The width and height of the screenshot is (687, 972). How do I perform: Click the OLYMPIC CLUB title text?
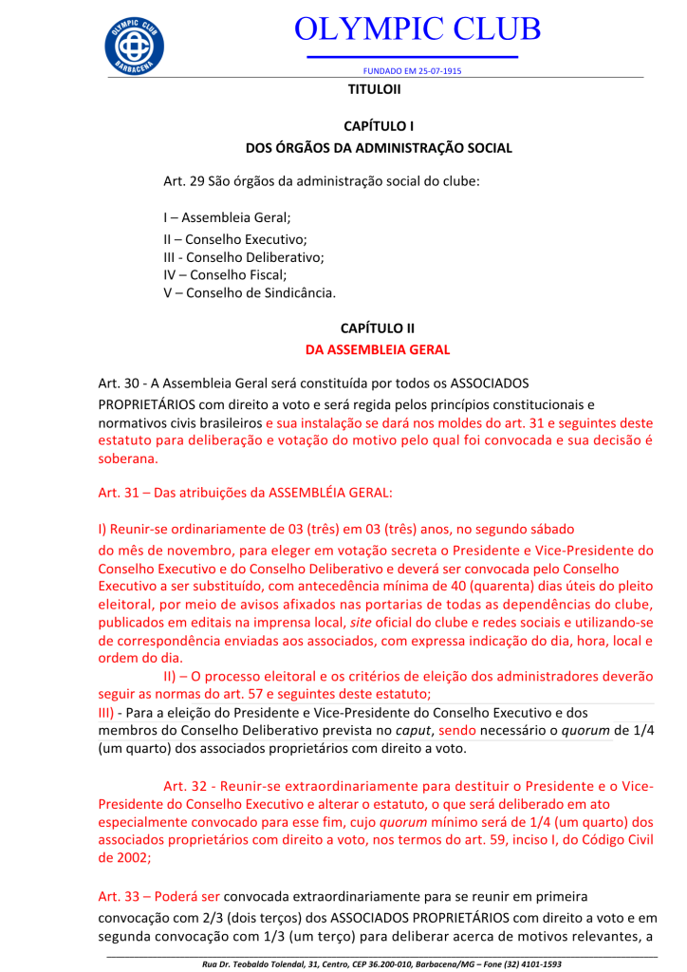418,28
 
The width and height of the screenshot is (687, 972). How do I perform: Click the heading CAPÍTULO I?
378,125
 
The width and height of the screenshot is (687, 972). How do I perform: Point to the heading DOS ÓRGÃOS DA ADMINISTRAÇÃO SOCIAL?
379,148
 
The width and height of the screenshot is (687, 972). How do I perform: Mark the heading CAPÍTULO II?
378,327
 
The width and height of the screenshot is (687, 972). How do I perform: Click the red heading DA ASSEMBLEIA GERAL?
378,349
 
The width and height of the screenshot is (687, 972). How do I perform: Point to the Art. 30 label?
121,383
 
